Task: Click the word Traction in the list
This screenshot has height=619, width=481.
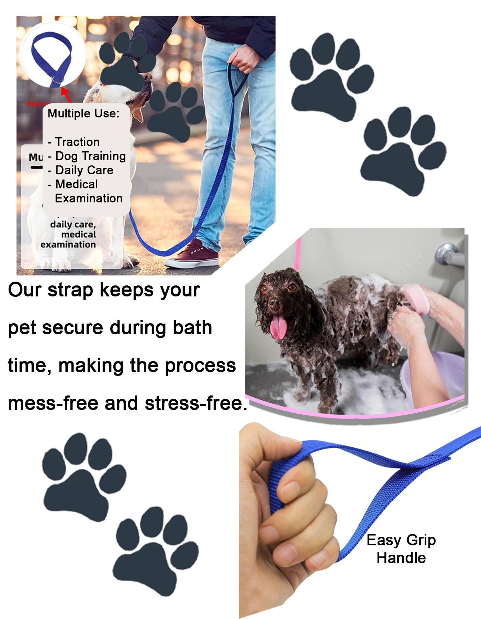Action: (77, 142)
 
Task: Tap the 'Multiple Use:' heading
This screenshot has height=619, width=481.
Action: (83, 113)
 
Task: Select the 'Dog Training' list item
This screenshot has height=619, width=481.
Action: (90, 156)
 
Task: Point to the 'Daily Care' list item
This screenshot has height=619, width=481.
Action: (84, 170)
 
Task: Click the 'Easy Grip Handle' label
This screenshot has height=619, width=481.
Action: (401, 549)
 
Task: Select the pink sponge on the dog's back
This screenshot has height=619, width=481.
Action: (417, 299)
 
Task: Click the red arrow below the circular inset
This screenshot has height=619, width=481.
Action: (66, 95)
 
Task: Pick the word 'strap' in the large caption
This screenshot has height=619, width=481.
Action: (70, 290)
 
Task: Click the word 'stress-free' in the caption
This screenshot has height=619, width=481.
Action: (194, 403)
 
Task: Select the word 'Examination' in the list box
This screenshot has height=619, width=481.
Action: (89, 198)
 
